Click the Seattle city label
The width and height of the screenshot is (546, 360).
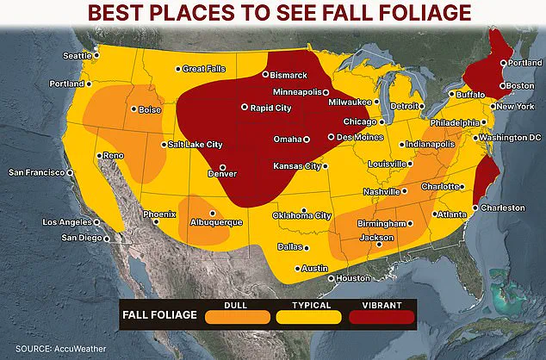[x=76, y=56]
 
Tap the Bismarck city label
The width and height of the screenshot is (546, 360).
[x=288, y=75]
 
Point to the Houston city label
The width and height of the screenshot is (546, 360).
[x=351, y=278]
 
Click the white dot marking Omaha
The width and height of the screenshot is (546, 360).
[x=306, y=139]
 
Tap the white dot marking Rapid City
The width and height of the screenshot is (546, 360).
[x=245, y=108]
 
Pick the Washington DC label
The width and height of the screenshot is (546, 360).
[x=510, y=138]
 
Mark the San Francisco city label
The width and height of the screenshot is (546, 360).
[x=37, y=172]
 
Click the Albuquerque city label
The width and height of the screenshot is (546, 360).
[x=217, y=221]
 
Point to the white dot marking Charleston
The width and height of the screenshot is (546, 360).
[x=475, y=208]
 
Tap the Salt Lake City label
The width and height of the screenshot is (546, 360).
[x=195, y=145]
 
